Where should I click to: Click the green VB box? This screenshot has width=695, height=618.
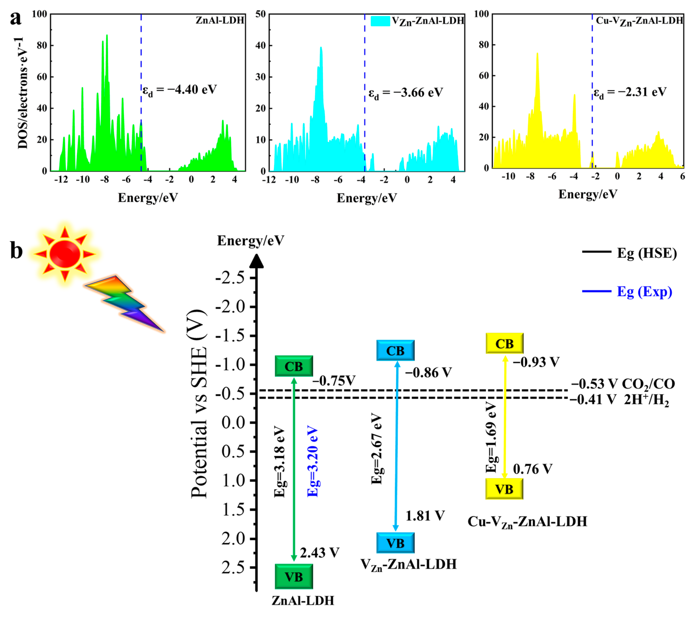click(x=294, y=577)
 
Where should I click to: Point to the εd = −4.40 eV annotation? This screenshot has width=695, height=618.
click(x=179, y=90)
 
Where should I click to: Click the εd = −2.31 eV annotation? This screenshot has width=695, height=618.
click(x=630, y=92)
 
